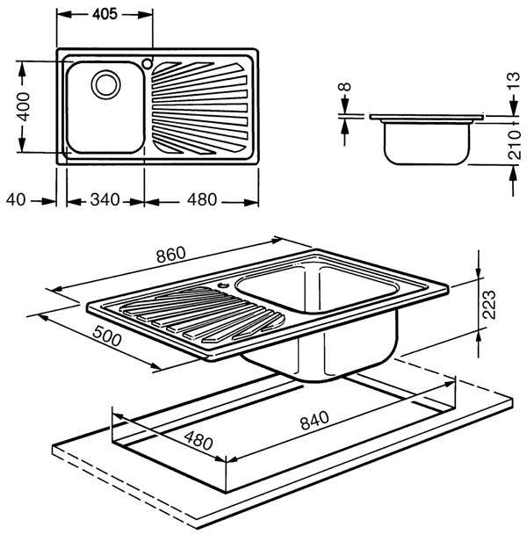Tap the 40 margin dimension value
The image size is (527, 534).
point(17,199)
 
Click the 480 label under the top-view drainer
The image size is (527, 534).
point(203,199)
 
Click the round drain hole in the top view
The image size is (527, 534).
point(107,84)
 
